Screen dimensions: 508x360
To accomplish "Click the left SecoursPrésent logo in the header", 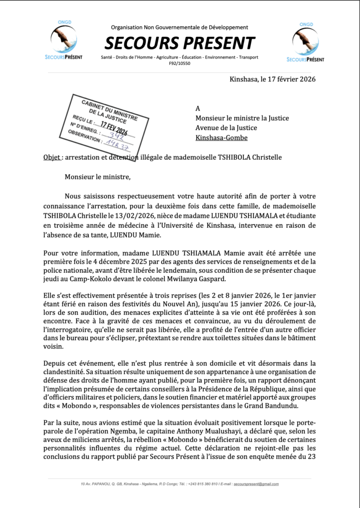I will pos(64,42).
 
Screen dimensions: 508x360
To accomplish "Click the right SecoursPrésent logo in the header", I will pos(305,42).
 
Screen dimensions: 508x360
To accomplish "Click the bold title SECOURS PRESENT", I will pos(179,43).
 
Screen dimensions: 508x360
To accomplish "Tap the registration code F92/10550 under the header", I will pos(179,64).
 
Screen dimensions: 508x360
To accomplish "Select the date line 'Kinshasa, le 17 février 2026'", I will pos(273,79).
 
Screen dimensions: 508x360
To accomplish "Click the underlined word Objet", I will pos(52,157).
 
